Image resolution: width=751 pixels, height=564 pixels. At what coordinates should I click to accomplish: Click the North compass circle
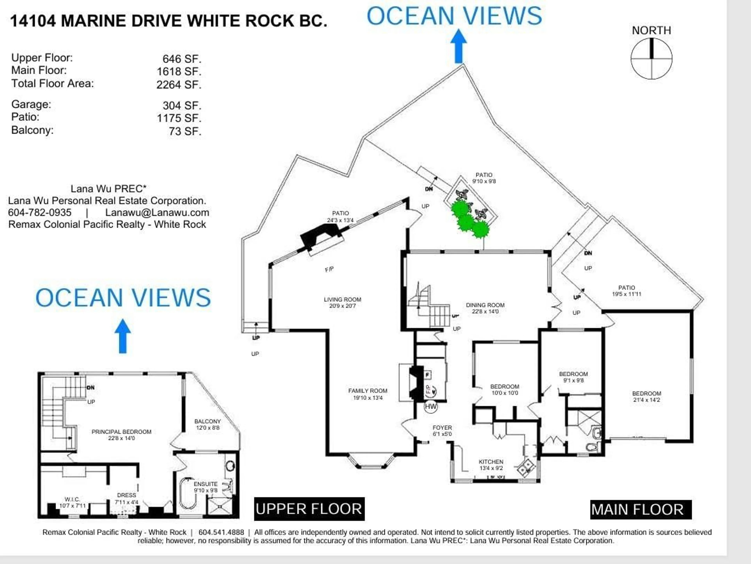(651, 58)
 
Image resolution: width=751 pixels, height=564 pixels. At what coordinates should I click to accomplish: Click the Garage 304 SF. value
(182, 106)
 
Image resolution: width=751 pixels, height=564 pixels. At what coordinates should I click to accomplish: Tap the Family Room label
(368, 394)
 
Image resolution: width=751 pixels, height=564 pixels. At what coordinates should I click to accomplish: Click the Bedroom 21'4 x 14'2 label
(646, 397)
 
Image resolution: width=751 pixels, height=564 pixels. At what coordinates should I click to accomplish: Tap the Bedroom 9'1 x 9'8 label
(573, 377)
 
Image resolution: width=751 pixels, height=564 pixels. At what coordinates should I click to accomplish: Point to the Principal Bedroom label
(121, 435)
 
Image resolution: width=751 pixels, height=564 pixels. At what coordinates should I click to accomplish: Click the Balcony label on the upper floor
(208, 424)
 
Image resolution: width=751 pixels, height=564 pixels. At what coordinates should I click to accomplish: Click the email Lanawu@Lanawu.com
(157, 213)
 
